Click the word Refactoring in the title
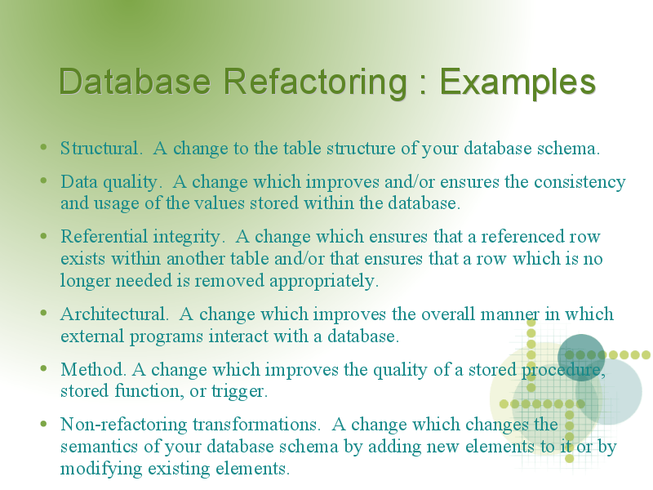pos(315,82)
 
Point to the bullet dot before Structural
pos(44,147)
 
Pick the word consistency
pos(580,183)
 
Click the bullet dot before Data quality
pos(44,180)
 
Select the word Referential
pos(104,236)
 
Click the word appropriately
pos(324,281)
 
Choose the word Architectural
pos(114,314)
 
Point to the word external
pos(92,336)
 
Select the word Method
pos(93,370)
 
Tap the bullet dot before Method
pos(44,368)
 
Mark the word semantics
pos(99,447)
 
